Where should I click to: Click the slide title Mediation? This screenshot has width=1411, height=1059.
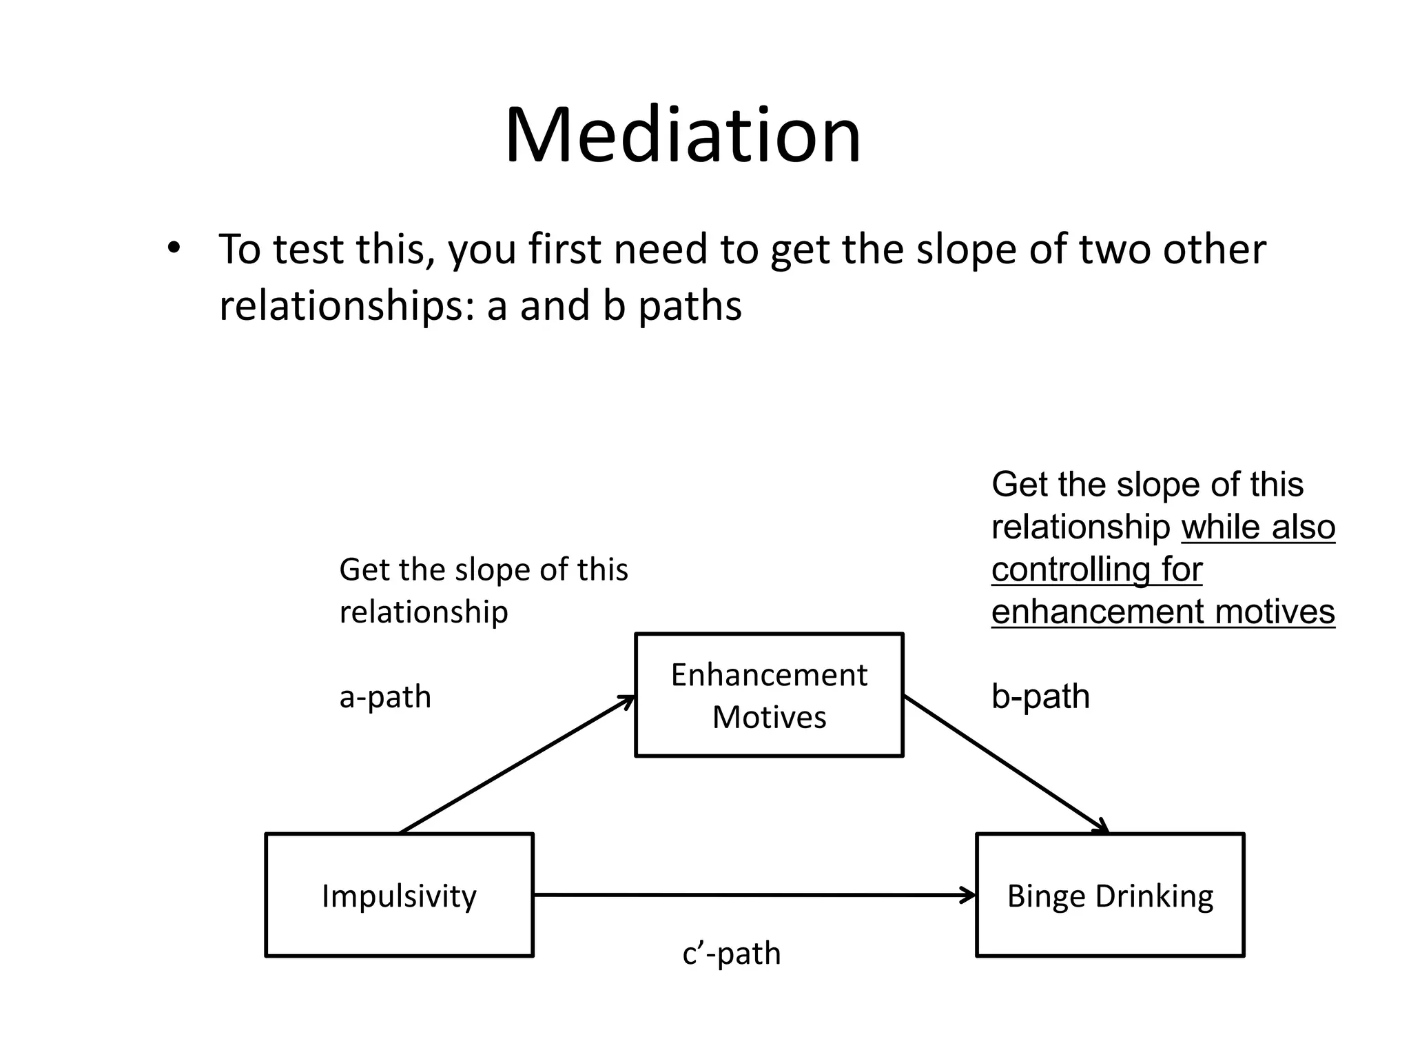[x=682, y=135]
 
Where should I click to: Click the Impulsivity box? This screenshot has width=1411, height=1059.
[x=399, y=895]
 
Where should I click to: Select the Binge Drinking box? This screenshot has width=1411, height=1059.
[x=1110, y=895]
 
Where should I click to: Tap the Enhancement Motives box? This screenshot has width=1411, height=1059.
[x=769, y=694]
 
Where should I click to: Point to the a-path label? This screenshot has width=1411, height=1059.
[x=385, y=696]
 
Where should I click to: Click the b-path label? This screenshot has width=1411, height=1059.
[x=1040, y=696]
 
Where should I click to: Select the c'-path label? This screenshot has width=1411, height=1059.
[x=731, y=954]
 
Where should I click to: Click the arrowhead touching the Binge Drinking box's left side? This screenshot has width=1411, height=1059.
[x=970, y=895]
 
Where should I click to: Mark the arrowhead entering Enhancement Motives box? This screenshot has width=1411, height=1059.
[x=628, y=701]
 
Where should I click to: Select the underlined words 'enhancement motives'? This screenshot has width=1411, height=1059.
[x=1163, y=612]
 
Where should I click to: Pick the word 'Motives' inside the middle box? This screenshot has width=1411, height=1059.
[x=769, y=717]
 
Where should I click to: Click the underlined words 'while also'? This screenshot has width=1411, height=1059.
[x=1258, y=528]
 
